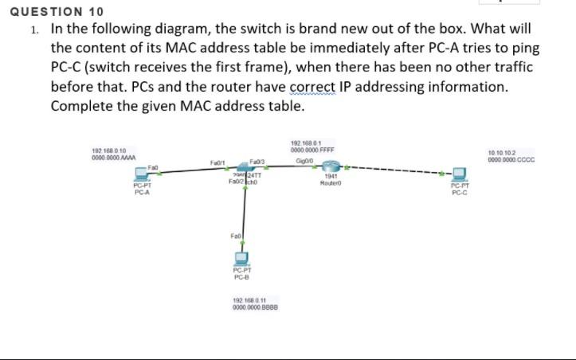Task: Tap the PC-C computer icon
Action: pyautogui.click(x=460, y=174)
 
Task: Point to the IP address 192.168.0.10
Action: pyautogui.click(x=110, y=150)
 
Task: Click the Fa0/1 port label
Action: pyautogui.click(x=217, y=163)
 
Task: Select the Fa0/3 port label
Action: pyautogui.click(x=257, y=163)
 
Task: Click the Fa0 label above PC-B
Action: pyautogui.click(x=234, y=237)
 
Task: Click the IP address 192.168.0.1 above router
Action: pyautogui.click(x=306, y=143)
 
